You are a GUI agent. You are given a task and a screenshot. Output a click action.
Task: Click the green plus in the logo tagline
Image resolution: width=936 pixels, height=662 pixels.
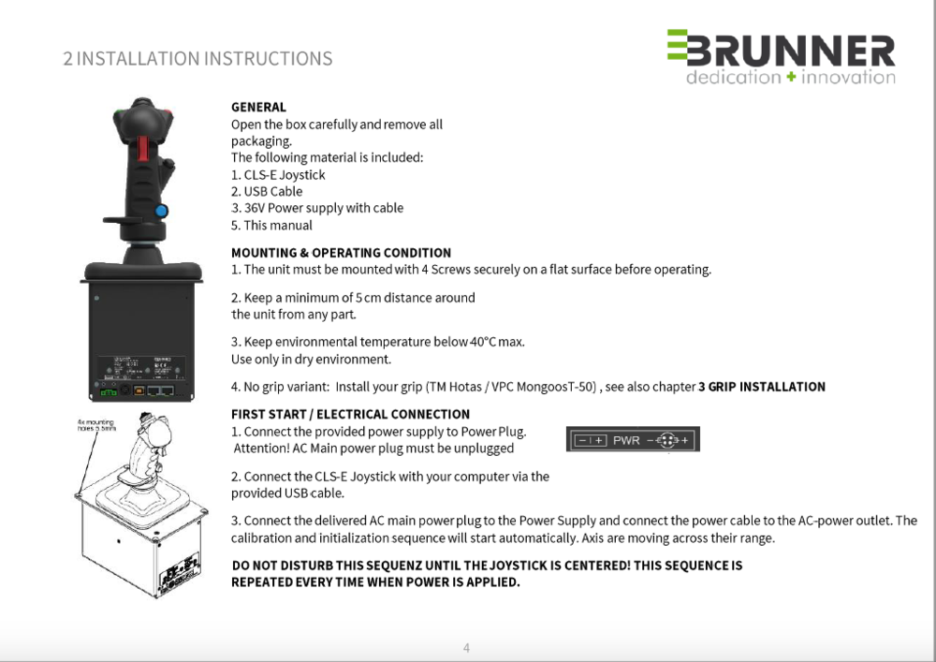pyautogui.click(x=791, y=78)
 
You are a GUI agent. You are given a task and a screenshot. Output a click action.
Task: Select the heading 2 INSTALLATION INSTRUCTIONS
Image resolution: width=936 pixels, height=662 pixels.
pyautogui.click(x=197, y=59)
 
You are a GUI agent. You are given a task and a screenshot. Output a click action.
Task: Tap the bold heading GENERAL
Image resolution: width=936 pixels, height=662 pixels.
pyautogui.click(x=258, y=107)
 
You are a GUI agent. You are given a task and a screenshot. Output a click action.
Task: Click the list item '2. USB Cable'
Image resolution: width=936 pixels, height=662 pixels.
pyautogui.click(x=267, y=191)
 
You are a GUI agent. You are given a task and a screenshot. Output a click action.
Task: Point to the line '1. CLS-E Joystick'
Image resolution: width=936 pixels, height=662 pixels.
pyautogui.click(x=278, y=174)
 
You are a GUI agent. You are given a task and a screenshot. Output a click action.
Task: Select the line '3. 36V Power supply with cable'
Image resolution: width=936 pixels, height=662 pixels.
pyautogui.click(x=317, y=208)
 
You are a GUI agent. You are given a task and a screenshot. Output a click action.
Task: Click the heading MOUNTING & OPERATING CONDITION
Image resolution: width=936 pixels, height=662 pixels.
pyautogui.click(x=341, y=253)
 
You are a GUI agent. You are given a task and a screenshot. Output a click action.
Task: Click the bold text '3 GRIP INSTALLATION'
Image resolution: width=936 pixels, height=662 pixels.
pyautogui.click(x=762, y=387)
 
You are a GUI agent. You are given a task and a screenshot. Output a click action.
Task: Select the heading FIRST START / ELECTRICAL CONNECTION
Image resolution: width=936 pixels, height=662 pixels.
pyautogui.click(x=350, y=414)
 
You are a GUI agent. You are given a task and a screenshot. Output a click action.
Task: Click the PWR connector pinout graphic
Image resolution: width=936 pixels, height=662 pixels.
pyautogui.click(x=633, y=440)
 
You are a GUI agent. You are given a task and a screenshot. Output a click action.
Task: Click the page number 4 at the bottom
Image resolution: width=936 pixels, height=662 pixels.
pyautogui.click(x=466, y=647)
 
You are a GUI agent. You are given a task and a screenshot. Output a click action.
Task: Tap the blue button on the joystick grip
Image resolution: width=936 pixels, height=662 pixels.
pyautogui.click(x=161, y=212)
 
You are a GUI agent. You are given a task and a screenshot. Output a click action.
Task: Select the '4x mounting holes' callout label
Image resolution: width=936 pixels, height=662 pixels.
pyautogui.click(x=95, y=426)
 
